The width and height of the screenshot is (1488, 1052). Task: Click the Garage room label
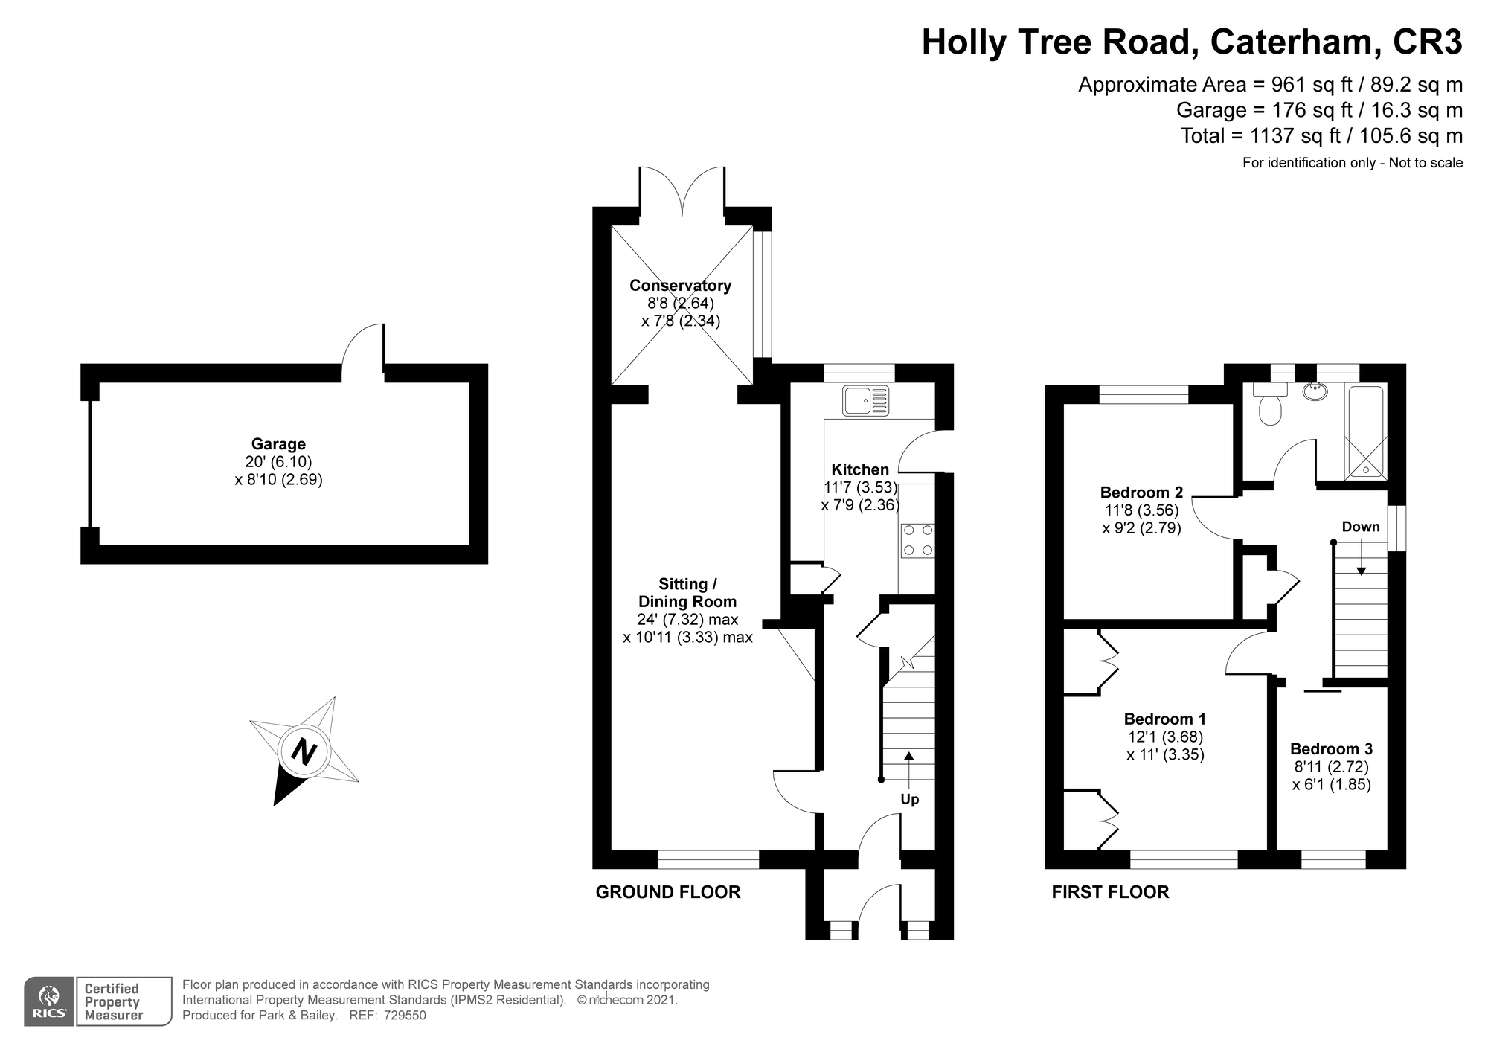(278, 445)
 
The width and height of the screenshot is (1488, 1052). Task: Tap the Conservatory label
(680, 286)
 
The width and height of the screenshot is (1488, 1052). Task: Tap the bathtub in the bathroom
(1365, 432)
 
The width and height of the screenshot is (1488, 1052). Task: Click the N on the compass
(304, 751)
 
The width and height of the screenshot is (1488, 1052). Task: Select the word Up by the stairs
(909, 799)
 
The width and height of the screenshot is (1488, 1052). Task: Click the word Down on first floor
(1361, 527)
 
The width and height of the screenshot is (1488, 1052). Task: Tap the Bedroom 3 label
(1331, 748)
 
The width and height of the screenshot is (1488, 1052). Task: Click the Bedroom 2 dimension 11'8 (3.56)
(1141, 510)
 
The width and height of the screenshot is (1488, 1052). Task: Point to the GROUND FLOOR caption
(667, 892)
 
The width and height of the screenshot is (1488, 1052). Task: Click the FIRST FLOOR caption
(1110, 892)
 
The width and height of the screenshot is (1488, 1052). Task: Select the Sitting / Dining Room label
(687, 593)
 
